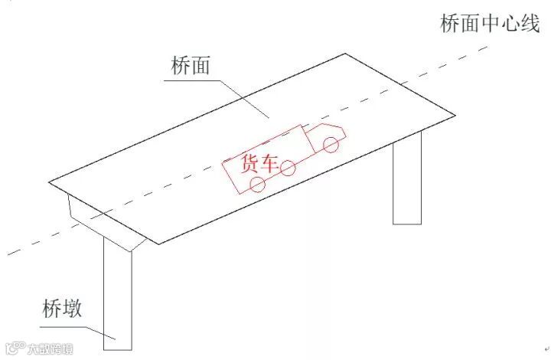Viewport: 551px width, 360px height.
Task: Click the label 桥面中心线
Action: pos(490,24)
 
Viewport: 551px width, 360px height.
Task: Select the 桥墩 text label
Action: pos(62,311)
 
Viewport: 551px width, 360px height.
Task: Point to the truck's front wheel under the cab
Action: pos(331,143)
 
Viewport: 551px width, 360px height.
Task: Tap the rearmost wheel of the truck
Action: pos(258,184)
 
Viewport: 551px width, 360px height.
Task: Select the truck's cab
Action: pos(326,136)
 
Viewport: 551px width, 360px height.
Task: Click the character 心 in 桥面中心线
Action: pos(510,24)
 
